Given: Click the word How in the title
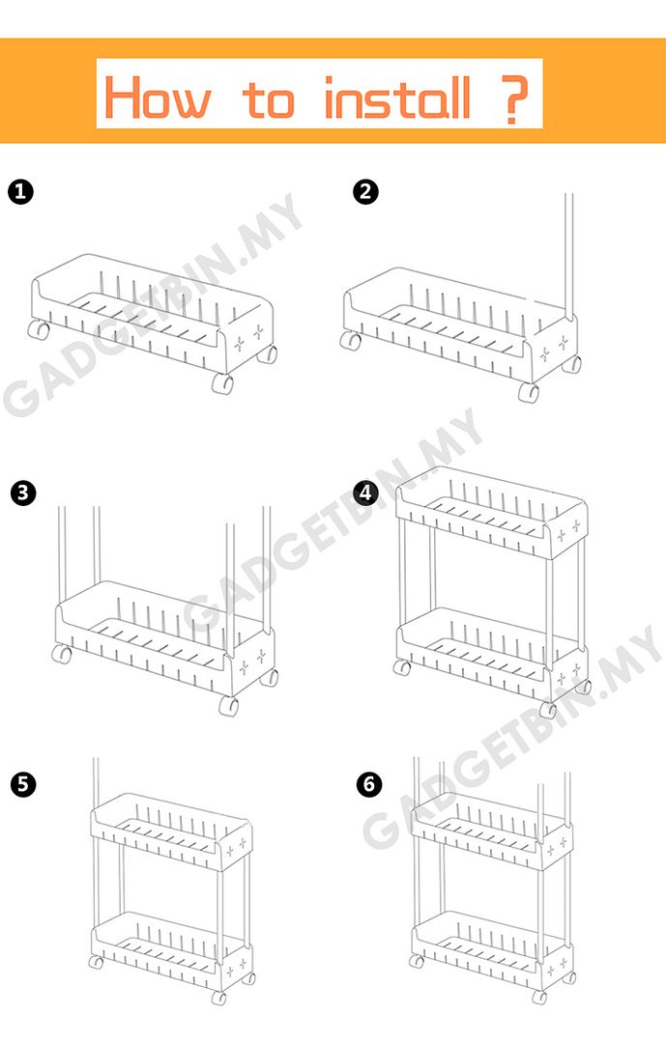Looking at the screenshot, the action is [158, 98].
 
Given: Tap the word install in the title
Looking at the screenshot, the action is [397, 98].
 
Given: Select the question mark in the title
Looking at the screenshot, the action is [513, 99].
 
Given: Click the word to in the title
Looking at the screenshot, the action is [269, 100].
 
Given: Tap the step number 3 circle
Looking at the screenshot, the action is [22, 493].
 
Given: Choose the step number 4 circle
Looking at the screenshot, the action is [365, 493].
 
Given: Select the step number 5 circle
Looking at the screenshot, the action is [22, 784].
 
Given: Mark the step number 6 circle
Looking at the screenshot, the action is [369, 784].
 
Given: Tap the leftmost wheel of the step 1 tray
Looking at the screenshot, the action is [38, 328].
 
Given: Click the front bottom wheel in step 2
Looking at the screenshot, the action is [529, 392].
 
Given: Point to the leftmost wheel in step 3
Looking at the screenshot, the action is [61, 654].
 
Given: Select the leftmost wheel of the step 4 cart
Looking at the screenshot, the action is [401, 667].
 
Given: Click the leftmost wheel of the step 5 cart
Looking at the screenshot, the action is [96, 962].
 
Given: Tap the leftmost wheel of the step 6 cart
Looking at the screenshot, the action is [417, 961].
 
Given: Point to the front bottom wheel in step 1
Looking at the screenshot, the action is [222, 383].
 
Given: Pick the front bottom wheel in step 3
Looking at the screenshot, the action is [228, 706].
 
